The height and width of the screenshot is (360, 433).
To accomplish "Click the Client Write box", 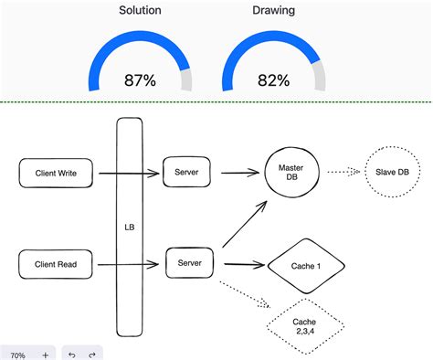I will pos(56,172).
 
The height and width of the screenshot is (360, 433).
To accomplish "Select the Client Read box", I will pos(56,266).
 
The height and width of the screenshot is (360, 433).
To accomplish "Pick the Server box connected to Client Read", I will pos(190,264).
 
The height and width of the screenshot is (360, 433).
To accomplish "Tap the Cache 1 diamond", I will pos(306,267).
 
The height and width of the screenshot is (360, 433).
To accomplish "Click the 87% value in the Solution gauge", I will pos(140,80).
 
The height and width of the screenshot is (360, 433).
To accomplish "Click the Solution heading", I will pos(141,12).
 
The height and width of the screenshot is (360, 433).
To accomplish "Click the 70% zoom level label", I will pos(17,354).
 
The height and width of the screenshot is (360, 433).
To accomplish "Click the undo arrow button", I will pos(71,354).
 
